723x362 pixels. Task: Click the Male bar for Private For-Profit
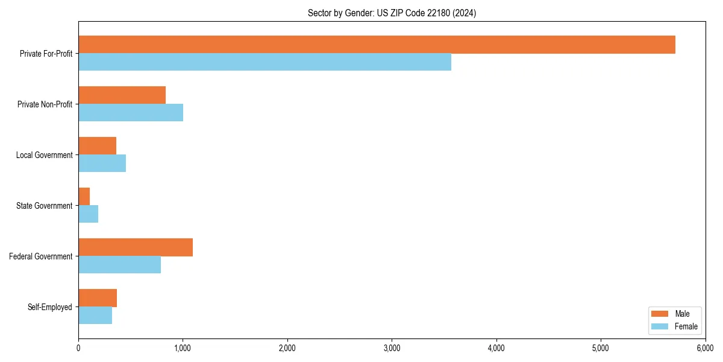[x=377, y=45]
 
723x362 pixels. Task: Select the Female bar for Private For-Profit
[x=264, y=62]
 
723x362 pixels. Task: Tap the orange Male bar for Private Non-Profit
[x=122, y=95]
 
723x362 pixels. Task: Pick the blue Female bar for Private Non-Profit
[x=131, y=113]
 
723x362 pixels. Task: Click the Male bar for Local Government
[x=97, y=146]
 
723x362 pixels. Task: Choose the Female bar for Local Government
[x=102, y=164]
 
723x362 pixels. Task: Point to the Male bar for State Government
[x=84, y=197]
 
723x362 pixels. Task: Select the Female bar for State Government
[x=88, y=214]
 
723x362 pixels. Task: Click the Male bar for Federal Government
[x=136, y=247]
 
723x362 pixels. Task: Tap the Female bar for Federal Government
[x=119, y=265]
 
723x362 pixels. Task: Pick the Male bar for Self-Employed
[x=98, y=298]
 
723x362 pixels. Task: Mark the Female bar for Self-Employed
[x=95, y=316]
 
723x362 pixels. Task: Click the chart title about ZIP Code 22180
[x=392, y=13]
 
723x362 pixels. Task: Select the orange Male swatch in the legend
[x=660, y=314]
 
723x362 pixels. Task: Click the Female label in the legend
[x=686, y=326]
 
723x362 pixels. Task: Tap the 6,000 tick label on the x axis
[x=705, y=348]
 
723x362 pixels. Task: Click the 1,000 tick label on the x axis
[x=183, y=348]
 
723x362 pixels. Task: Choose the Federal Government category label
[x=41, y=256]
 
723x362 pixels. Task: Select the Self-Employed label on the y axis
[x=50, y=307]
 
